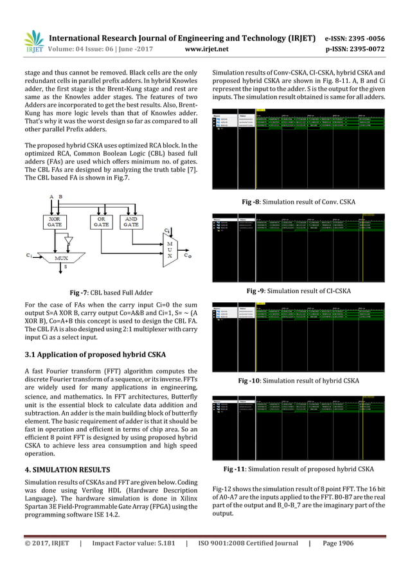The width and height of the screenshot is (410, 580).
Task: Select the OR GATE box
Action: (100, 222)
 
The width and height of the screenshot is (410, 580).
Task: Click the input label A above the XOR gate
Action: (51, 196)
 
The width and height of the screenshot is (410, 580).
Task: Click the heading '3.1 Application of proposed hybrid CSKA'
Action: (94, 354)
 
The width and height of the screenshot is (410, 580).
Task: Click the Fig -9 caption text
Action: (299, 291)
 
